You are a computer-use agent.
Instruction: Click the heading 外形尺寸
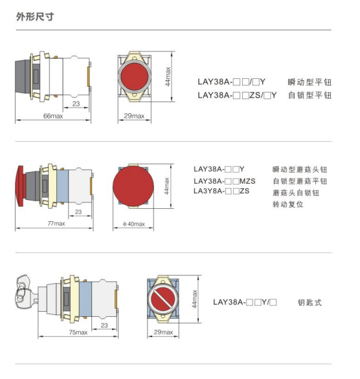click(35, 17)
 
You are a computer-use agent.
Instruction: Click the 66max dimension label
click(53, 116)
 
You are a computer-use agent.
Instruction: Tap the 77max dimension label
click(56, 224)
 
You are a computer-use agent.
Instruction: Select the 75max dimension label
click(78, 332)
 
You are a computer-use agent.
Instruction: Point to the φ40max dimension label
click(134, 224)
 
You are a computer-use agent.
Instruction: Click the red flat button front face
click(134, 76)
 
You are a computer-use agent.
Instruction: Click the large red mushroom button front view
click(133, 186)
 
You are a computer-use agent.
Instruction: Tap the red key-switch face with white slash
click(163, 299)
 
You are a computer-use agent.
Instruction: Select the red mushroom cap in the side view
click(20, 186)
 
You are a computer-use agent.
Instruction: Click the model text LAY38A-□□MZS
click(224, 181)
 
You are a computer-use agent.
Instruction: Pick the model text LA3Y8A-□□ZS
click(221, 191)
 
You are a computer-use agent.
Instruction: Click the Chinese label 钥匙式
click(309, 303)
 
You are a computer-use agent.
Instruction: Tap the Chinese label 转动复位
click(288, 204)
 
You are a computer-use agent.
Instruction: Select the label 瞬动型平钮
click(309, 82)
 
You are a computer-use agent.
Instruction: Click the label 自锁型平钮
click(309, 95)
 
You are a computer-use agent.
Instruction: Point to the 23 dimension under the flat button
click(76, 103)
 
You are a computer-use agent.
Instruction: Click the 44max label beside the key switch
click(194, 299)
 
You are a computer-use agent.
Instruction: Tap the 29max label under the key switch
click(163, 332)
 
